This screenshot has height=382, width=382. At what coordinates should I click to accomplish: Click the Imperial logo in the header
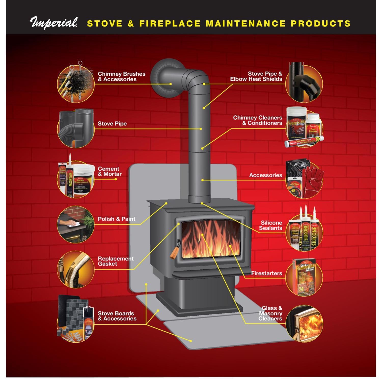(x=54, y=23)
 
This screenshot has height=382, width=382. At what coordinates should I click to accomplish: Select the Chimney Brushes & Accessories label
(x=121, y=77)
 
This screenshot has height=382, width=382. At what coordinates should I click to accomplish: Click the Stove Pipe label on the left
(x=112, y=124)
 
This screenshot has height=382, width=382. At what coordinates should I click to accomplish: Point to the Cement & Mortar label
(x=110, y=171)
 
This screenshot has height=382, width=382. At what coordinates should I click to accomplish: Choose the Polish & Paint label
(x=116, y=219)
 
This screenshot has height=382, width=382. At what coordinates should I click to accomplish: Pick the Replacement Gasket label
(x=116, y=261)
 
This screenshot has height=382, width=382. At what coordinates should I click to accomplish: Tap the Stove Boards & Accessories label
(x=117, y=316)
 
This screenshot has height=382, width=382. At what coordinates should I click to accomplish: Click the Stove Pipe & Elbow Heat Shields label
(x=256, y=76)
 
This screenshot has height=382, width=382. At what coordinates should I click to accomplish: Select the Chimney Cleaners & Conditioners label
(x=257, y=120)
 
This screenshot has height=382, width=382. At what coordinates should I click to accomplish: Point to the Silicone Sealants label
(x=270, y=226)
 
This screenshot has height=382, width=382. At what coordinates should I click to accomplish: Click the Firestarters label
(x=266, y=274)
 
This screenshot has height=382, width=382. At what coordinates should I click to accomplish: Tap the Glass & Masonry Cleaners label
(x=270, y=313)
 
